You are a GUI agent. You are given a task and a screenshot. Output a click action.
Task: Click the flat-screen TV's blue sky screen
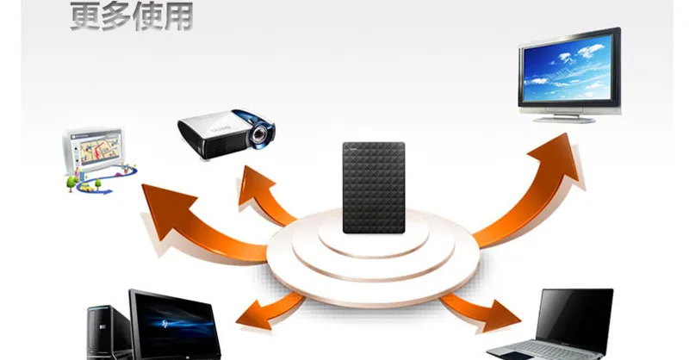[x=568, y=68]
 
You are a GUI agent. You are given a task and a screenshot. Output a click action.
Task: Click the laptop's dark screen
[x=575, y=314]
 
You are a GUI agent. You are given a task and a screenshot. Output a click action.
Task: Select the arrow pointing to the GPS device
[x=189, y=224]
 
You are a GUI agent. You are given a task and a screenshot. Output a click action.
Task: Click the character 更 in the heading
[x=85, y=15]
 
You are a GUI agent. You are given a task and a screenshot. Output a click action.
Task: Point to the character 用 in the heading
[x=177, y=15]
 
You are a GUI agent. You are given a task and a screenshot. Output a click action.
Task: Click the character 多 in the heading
[x=115, y=15]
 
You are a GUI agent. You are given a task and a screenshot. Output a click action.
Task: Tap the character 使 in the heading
[x=146, y=15]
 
